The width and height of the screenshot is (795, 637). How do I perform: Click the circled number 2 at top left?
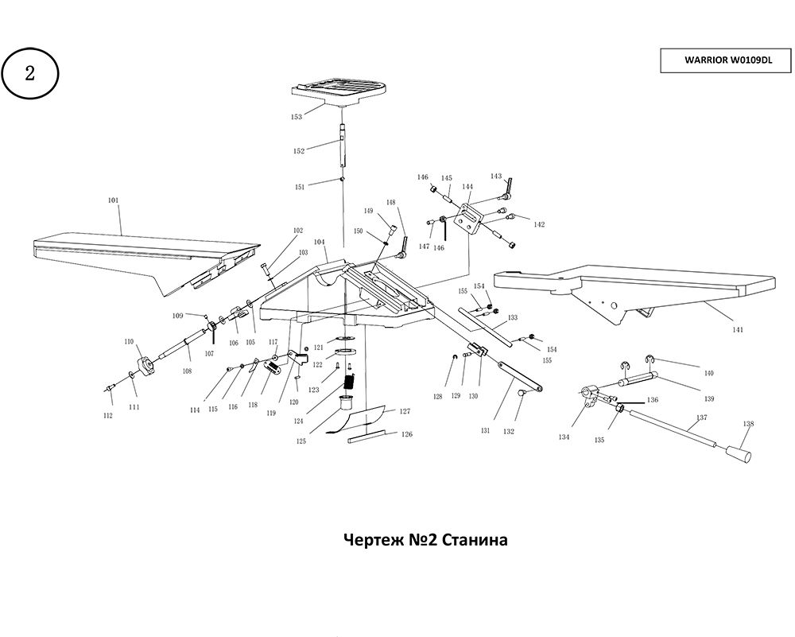click(30, 74)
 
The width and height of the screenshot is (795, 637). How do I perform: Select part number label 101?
click(113, 200)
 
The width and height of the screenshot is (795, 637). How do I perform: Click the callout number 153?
click(296, 117)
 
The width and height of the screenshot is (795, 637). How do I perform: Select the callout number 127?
click(405, 412)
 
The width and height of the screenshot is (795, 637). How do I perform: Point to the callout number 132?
click(508, 432)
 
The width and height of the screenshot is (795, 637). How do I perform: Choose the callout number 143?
click(496, 176)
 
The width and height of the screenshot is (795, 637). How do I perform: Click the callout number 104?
click(320, 241)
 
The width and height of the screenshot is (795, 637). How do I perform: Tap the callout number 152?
click(299, 150)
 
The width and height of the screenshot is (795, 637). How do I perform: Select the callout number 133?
click(513, 317)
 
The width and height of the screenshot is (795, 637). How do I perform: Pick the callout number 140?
click(708, 372)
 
